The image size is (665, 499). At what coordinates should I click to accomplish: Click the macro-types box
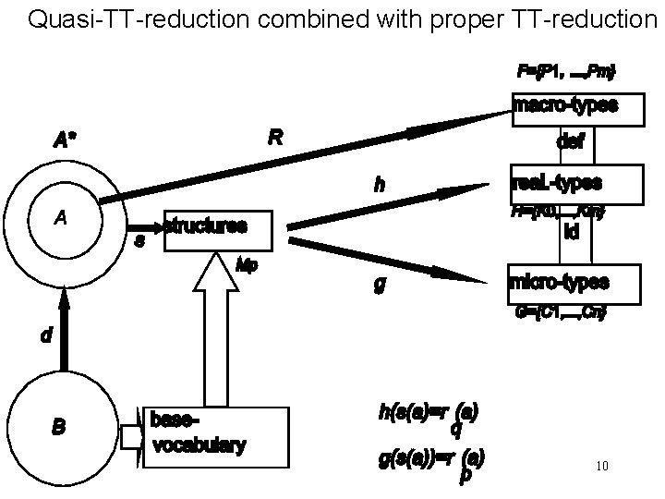point(565,107)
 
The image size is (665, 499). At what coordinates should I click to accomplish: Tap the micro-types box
point(573,282)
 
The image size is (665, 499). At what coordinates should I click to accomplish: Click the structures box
point(218,229)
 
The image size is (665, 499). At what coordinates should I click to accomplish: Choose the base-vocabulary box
point(210,436)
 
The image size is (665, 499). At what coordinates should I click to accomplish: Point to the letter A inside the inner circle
point(60,218)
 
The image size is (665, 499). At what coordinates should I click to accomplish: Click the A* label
point(66,141)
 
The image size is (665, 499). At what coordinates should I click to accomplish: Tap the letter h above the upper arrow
point(380,186)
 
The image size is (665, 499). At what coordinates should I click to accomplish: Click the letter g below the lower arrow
point(379,286)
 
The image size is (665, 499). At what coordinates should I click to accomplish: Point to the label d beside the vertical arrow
point(46,336)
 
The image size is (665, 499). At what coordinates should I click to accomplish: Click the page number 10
point(602,467)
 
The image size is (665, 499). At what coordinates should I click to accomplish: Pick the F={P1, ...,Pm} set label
point(565,71)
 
